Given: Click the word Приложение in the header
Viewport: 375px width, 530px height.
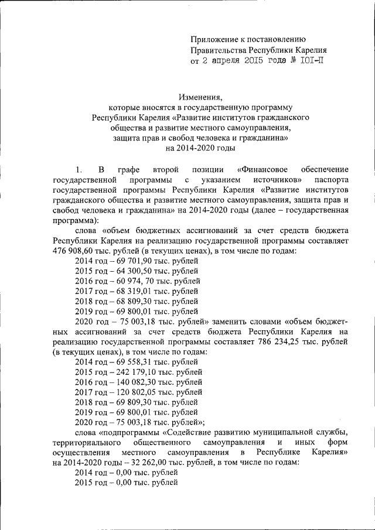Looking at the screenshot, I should coord(214,39).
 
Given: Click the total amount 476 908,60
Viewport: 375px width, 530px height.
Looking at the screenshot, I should coord(74,251).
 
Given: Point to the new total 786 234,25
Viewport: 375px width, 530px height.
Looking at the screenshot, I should coord(289,341).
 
